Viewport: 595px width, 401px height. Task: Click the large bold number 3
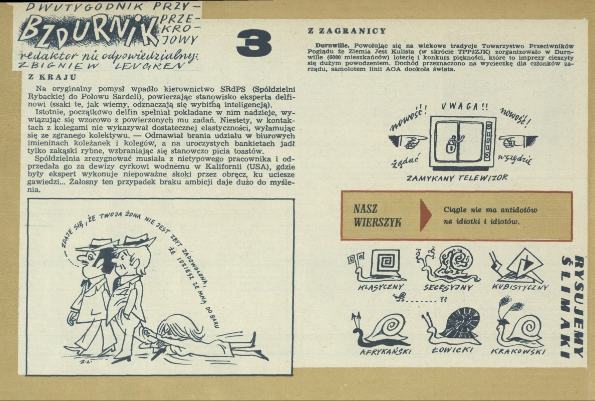point(254,44)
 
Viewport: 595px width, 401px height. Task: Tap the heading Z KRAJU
point(53,77)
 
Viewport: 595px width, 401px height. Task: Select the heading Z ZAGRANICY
point(347,31)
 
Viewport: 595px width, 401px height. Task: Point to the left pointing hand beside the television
point(408,141)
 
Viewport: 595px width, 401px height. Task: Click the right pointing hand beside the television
point(518,141)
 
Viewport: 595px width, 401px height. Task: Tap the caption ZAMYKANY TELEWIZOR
point(457,178)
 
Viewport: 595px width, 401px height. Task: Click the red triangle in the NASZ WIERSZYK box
point(426,215)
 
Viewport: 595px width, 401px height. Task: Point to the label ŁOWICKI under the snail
point(452,350)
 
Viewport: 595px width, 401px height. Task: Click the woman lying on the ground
point(205,337)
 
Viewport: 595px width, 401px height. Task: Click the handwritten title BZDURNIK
point(87,31)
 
